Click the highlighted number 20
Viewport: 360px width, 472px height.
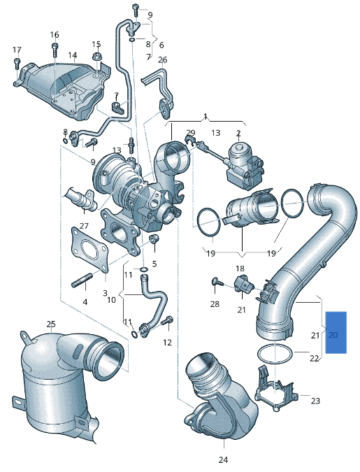(x=333, y=335)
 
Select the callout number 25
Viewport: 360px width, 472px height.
(x=51, y=324)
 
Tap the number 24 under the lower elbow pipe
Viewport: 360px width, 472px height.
(x=223, y=459)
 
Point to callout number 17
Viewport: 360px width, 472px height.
(x=17, y=50)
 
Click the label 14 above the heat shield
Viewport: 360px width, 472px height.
(x=73, y=55)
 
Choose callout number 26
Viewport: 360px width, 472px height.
(x=162, y=60)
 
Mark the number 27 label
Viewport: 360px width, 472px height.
(x=84, y=225)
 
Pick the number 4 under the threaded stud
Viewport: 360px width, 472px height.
(x=85, y=302)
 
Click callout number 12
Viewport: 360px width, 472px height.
(x=167, y=342)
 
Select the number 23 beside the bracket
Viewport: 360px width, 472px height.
(x=315, y=401)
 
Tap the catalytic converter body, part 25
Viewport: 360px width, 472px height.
(x=56, y=385)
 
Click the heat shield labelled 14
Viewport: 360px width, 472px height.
(x=63, y=91)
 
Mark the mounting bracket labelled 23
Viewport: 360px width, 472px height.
(x=275, y=394)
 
